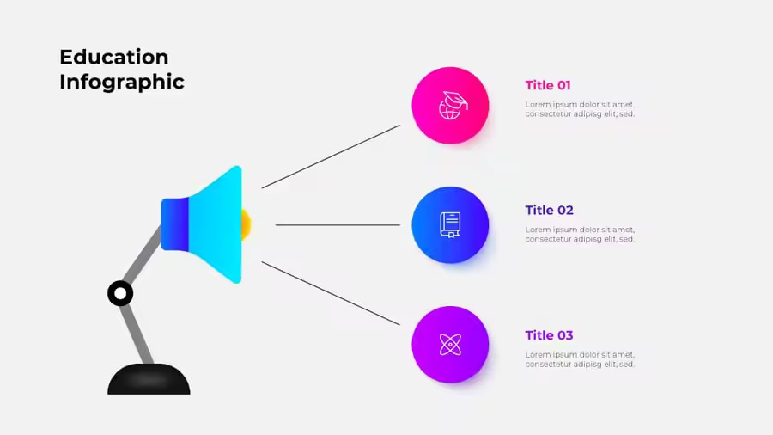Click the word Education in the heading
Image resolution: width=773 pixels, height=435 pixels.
[x=114, y=58]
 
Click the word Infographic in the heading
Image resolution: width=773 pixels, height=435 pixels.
[x=122, y=83]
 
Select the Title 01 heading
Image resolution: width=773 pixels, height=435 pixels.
[x=548, y=85]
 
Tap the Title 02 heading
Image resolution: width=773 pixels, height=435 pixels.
[x=549, y=210]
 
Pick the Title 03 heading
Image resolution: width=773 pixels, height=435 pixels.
[x=549, y=335]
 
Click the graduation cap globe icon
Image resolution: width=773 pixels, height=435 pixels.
[x=452, y=106]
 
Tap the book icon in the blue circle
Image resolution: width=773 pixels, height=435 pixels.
[x=450, y=225]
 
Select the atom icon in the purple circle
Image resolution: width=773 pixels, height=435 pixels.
[x=450, y=344]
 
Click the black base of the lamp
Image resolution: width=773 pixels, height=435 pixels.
[x=149, y=379]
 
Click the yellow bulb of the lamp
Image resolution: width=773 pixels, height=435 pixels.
[x=247, y=224]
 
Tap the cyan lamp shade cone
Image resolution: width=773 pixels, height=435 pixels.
[x=216, y=224]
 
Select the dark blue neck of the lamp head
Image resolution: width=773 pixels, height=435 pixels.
[x=175, y=224]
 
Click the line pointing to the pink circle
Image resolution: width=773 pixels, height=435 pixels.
[x=331, y=156]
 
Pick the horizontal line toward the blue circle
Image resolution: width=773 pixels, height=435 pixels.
[x=338, y=225]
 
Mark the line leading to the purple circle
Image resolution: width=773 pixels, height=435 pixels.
[x=331, y=293]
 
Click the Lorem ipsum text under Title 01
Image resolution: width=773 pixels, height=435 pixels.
[x=580, y=109]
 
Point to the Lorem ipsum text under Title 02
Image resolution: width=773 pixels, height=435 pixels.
[x=580, y=235]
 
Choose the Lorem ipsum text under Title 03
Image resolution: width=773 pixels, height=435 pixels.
[x=580, y=359]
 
